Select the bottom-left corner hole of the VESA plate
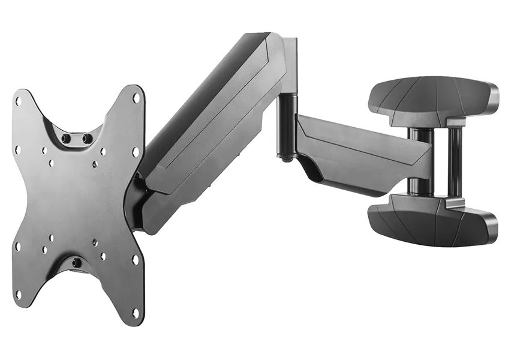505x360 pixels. [19, 294]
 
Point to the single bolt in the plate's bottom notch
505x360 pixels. [77, 263]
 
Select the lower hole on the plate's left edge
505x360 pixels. [17, 245]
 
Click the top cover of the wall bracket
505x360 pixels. [432, 99]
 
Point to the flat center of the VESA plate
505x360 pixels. [75, 201]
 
